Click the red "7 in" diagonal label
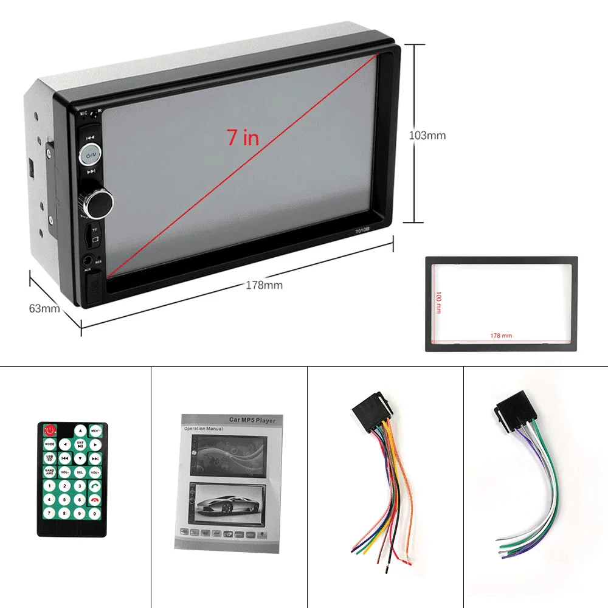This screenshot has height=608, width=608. coord(243,138)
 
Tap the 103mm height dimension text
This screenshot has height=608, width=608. coord(427,135)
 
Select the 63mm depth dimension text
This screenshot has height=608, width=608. coord(44,308)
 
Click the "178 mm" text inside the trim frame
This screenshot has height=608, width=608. coord(501,336)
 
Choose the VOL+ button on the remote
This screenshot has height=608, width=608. coord(95,472)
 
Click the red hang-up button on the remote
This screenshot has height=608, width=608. coord(94,499)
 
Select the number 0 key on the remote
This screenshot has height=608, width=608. coord(94,513)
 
